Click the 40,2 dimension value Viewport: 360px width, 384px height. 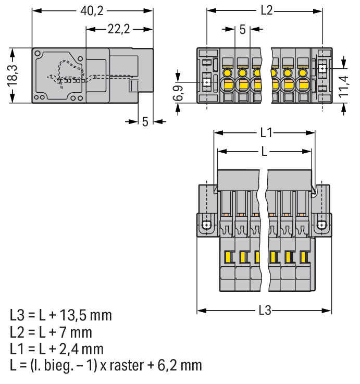[92, 11]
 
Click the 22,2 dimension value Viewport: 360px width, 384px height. [119, 29]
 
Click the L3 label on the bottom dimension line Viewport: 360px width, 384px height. [265, 311]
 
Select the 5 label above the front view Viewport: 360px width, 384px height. [242, 30]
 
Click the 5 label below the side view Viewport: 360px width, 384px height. [145, 121]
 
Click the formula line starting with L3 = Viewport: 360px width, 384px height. [61, 315]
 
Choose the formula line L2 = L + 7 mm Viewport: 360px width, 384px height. [51, 332]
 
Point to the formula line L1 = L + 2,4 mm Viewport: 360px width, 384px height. [57, 349]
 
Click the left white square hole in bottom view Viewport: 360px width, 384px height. [206, 225]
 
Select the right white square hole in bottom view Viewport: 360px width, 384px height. [322, 225]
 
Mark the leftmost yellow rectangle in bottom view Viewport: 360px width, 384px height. [227, 256]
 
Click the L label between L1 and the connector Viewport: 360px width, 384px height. [265, 152]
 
